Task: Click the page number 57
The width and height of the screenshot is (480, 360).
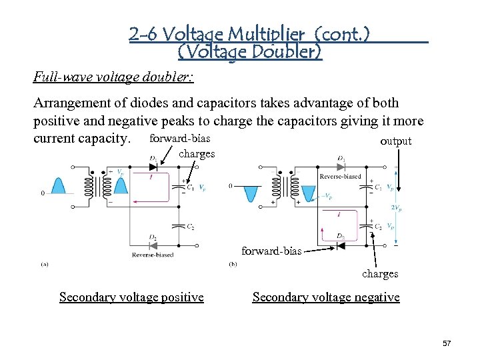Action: [x=447, y=343]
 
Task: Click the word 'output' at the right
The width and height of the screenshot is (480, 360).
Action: [x=395, y=141]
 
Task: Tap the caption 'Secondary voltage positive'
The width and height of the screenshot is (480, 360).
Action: [x=131, y=297]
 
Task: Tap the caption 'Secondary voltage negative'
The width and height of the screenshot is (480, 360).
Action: [x=326, y=297]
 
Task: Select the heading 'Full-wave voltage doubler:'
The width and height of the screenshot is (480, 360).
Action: [x=113, y=77]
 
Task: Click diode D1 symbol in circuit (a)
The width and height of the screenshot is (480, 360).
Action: [x=154, y=167]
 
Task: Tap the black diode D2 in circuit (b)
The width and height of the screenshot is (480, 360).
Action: [x=341, y=245]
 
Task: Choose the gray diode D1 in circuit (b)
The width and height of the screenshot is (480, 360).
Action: [x=341, y=167]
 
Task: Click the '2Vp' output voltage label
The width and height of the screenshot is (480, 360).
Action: [x=397, y=208]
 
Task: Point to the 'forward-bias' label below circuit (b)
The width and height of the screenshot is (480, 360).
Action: [x=271, y=251]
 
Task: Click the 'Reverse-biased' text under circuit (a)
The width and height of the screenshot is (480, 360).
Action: [x=153, y=255]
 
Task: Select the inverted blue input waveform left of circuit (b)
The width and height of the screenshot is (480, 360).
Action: [x=250, y=193]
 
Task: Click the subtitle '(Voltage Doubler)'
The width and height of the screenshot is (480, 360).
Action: [x=250, y=51]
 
